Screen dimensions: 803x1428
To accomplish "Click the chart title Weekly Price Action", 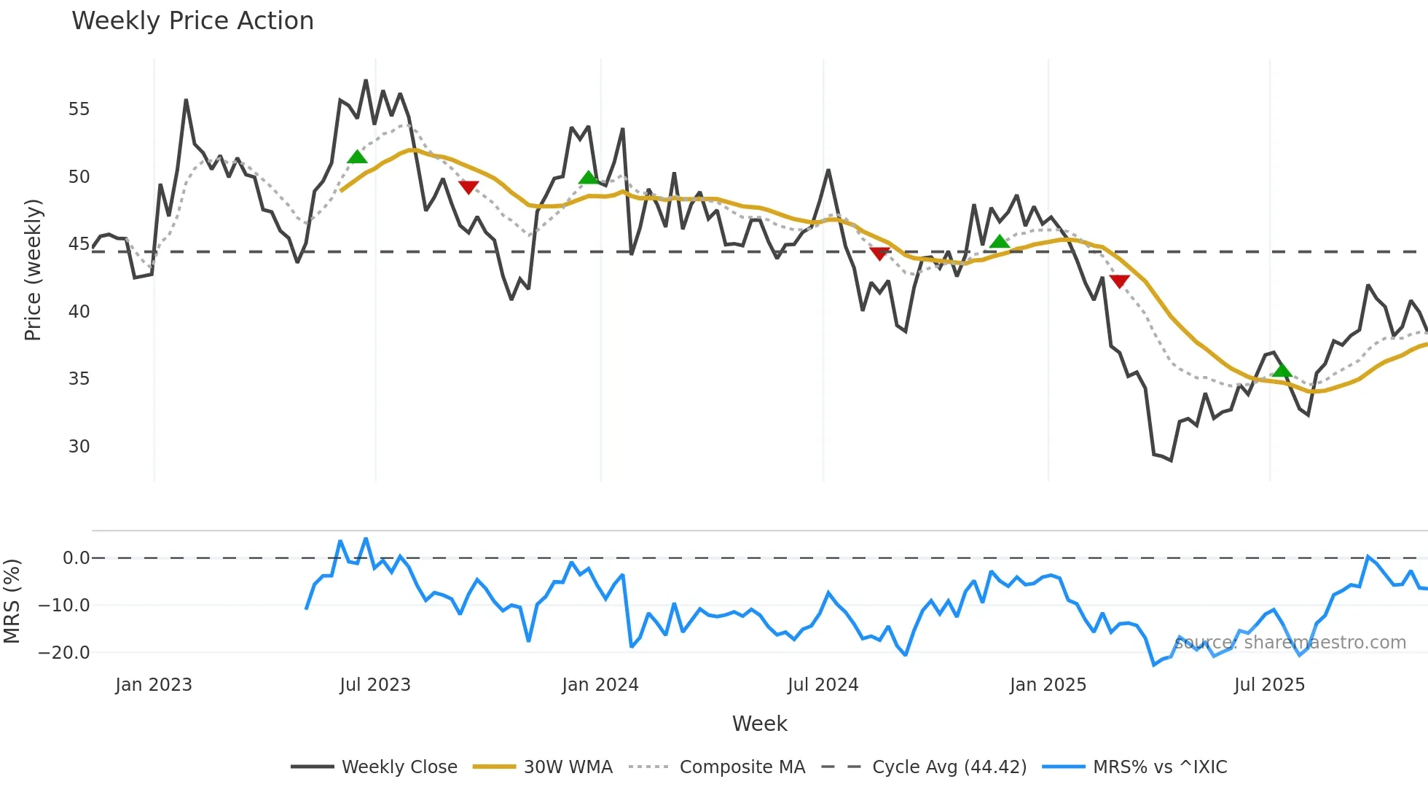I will (192, 21).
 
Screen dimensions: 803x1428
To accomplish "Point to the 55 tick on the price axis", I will (79, 109).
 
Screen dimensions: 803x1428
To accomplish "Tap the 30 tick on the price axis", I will (79, 446).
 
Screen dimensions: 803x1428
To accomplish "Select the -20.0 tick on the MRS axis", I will (64, 652).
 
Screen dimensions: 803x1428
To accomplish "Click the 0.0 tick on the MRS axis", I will (76, 558).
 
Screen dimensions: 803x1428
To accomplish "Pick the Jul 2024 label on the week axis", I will (823, 685).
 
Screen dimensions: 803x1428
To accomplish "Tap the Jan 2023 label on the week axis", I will (154, 685).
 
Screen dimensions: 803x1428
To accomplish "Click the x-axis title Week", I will (759, 724).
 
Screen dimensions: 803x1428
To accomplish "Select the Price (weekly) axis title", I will (33, 270).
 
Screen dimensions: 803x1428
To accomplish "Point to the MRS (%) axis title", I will (12, 601).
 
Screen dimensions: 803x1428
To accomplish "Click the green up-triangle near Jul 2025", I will (1282, 371).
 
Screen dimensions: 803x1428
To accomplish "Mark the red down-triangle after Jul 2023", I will (468, 187).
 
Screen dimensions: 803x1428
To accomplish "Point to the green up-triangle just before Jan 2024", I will (589, 178).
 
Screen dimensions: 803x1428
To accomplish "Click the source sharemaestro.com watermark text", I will (1290, 643).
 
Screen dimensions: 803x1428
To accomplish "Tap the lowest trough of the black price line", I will (1171, 461).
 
